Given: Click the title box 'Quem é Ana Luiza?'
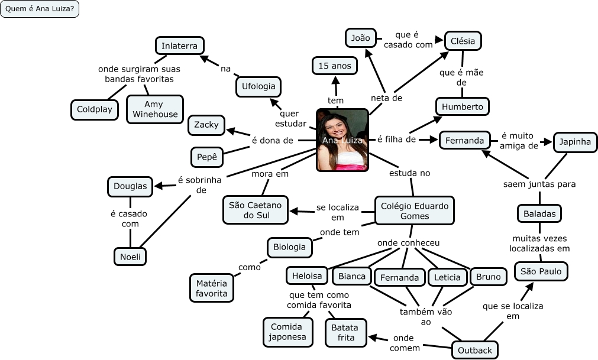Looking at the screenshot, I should point(40,9).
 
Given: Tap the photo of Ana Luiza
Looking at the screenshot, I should point(342,140).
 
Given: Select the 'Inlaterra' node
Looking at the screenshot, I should point(180,46).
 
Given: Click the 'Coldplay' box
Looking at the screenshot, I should point(95,109).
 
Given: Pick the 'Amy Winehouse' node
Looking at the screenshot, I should point(155,109).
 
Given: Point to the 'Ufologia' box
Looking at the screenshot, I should point(258,86).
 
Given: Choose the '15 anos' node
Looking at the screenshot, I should point(334,65).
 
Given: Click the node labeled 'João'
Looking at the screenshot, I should point(360,38).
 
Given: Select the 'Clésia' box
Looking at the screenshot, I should point(463,41).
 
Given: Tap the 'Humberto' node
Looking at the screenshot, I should point(463,107).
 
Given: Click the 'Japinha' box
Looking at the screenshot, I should point(575,141).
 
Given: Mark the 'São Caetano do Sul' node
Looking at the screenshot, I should point(256,210).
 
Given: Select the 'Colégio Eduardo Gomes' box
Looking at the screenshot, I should point(415,210).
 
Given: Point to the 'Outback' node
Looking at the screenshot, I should point(474,350).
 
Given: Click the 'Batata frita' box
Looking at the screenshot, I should point(346,332).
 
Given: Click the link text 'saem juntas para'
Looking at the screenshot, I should point(539,184).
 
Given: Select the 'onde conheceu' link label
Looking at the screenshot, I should point(409,243).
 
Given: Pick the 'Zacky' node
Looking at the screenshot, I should point(206,125).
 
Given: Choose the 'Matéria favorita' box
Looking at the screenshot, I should point(211,288).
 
